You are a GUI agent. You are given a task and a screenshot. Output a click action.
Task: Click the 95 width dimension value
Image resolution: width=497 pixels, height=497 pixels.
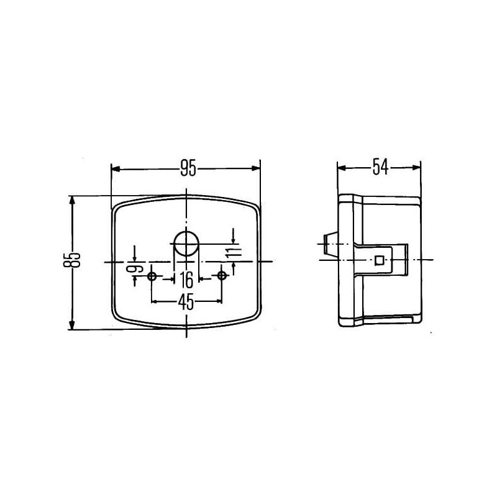tap(188, 168)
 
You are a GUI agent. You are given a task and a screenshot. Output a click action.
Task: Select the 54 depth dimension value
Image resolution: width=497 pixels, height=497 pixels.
tap(380, 167)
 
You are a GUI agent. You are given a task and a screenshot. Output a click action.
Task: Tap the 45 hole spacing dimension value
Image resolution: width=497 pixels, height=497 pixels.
tap(186, 301)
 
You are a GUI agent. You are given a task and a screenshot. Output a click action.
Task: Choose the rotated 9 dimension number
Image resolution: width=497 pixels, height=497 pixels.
tap(134, 270)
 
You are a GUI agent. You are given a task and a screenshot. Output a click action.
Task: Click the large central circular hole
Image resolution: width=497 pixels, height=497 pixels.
tap(186, 244)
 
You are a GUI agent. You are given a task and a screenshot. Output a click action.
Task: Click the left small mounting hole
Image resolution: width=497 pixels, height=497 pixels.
tap(152, 276)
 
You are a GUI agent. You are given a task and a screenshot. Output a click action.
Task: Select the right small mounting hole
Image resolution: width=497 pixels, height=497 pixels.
tap(222, 275)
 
